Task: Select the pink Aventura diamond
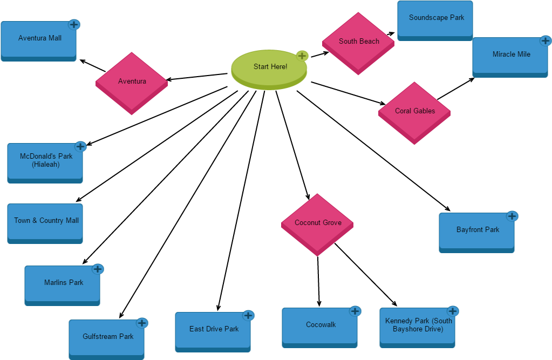click(132, 81)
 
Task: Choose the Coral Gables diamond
click(414, 111)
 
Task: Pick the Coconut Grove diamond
click(317, 223)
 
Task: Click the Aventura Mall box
click(39, 39)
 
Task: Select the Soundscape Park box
click(435, 18)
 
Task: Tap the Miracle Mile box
click(510, 55)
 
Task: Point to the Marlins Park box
click(63, 283)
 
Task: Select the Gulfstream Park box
click(107, 337)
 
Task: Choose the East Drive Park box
click(213, 330)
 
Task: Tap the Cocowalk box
click(320, 325)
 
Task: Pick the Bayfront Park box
click(477, 230)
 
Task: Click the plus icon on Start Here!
click(302, 56)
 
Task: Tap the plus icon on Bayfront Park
click(512, 216)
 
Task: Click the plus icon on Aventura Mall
click(74, 25)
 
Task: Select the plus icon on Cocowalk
click(355, 311)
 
